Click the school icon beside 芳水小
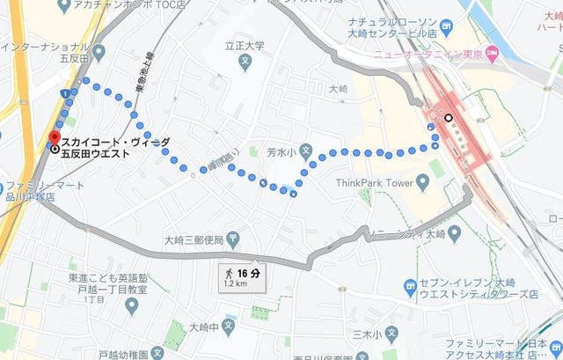point(305,151)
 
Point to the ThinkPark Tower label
point(375,183)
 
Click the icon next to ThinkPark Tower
point(421,183)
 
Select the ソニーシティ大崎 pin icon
point(453,233)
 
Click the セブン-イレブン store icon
point(410,286)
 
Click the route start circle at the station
point(448,117)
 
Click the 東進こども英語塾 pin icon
point(131,305)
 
